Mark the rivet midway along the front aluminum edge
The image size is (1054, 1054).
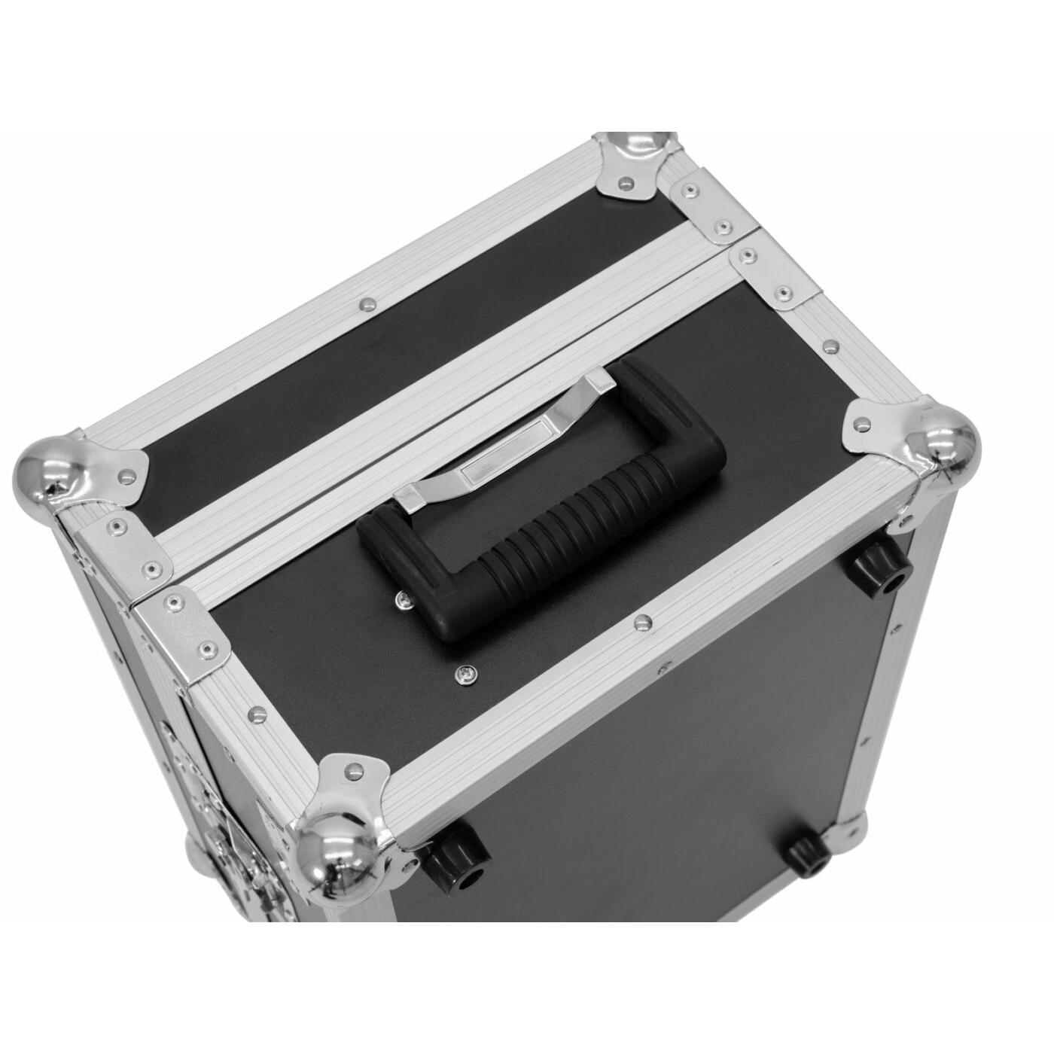tap(641, 622)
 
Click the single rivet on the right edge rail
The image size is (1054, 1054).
tap(831, 346)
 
